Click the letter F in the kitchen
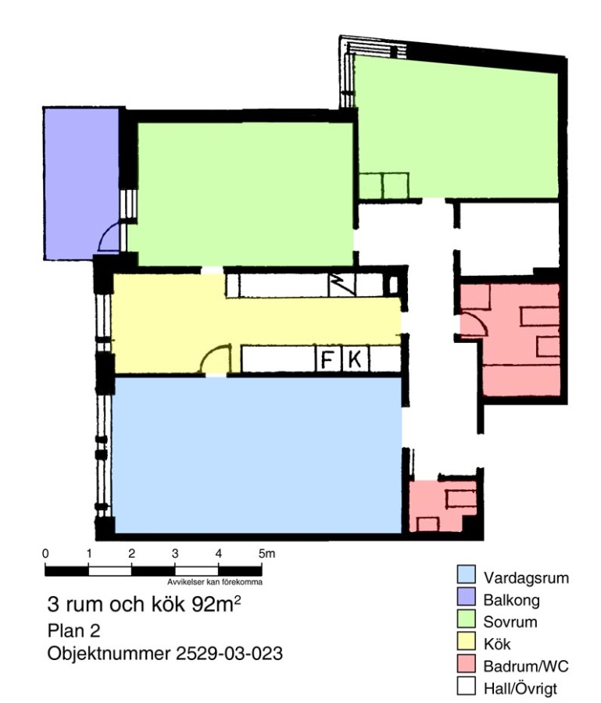pos(328,359)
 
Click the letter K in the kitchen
pos(355,359)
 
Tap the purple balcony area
pos(80,184)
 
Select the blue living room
pos(257,455)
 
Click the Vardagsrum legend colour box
pos(466,576)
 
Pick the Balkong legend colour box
pos(466,598)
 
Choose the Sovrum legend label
pos(510,623)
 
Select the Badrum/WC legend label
pos(526,666)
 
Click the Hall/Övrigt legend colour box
pos(466,686)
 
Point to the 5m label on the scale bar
pos(267,554)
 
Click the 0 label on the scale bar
pos(45,554)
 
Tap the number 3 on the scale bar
pos(175,554)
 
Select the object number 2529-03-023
pos(229,653)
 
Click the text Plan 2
pos(74,631)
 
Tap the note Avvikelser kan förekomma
pos(215,582)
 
